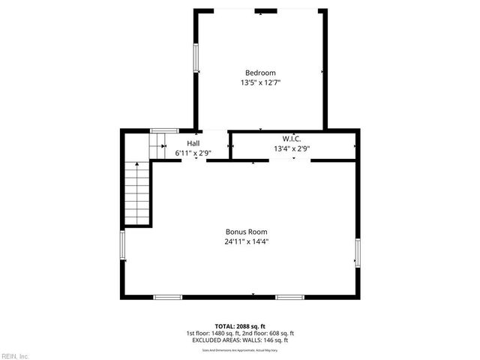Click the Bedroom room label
[x=260, y=73]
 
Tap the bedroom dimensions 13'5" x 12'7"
[x=260, y=82]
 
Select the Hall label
[x=193, y=142]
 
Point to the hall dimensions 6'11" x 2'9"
[x=193, y=153]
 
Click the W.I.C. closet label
[x=292, y=139]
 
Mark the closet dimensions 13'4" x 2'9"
[x=292, y=148]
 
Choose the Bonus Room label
[x=247, y=232]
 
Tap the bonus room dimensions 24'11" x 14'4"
[x=247, y=241]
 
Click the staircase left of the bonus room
[x=137, y=193]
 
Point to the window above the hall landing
[x=159, y=131]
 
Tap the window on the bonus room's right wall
[x=358, y=252]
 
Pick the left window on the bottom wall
[x=168, y=297]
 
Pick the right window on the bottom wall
[x=289, y=297]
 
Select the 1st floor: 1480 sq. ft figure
[x=212, y=333]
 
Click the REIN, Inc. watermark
[x=15, y=355]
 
